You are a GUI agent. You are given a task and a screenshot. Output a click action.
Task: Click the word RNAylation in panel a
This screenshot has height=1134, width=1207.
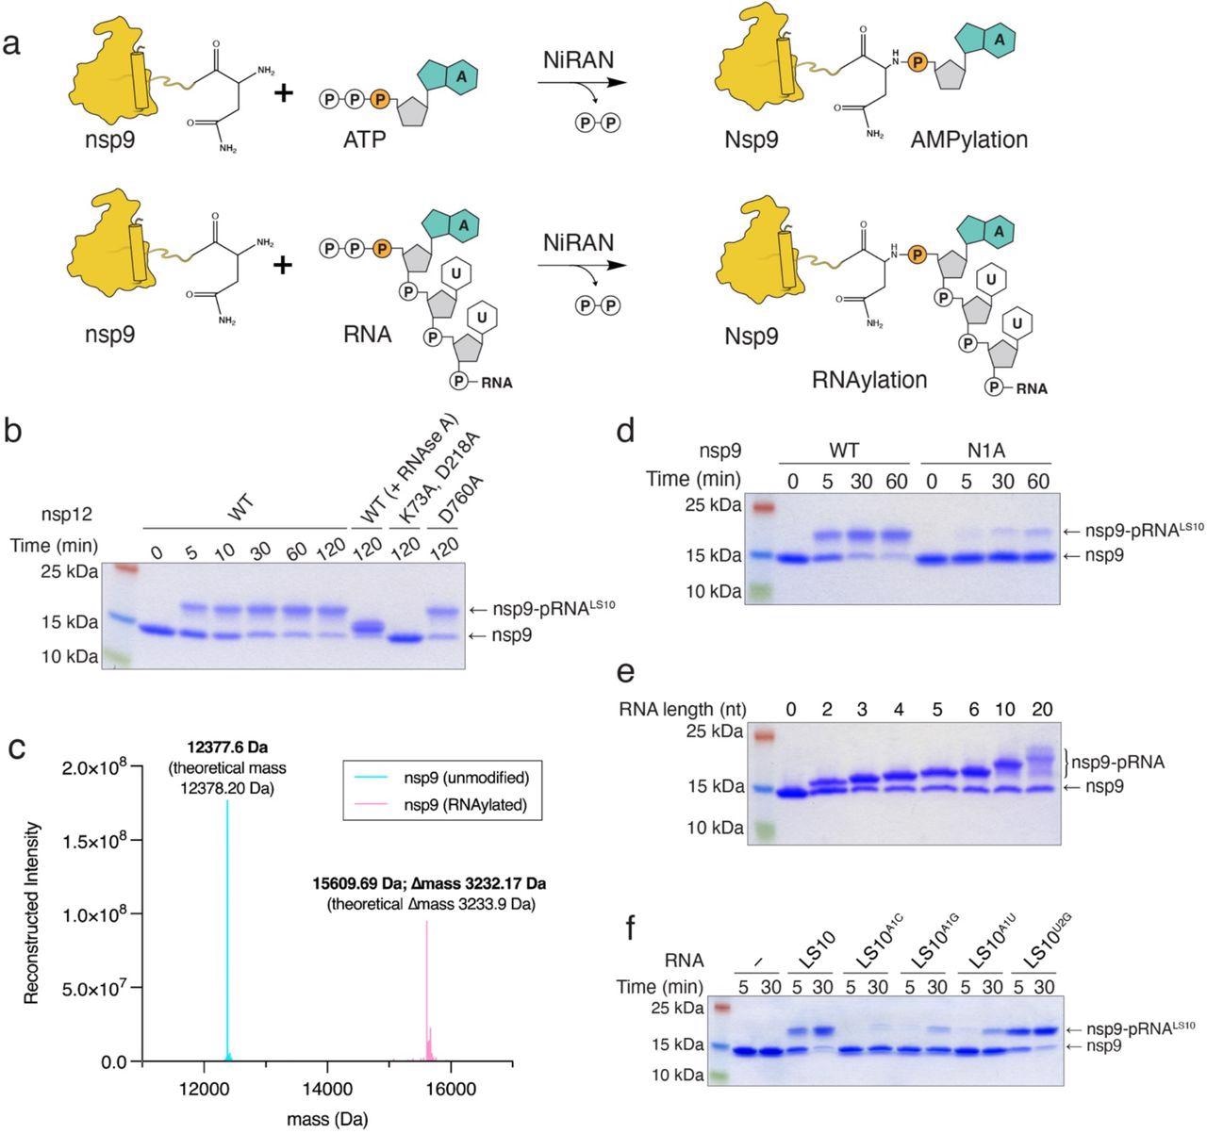868,379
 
